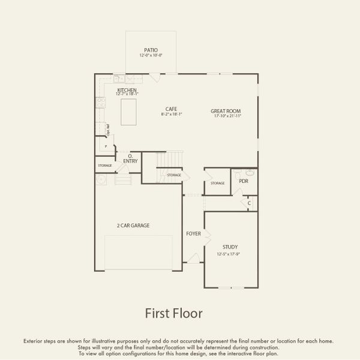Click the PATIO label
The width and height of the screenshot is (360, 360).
point(151,50)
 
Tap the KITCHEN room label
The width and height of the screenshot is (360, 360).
point(127,90)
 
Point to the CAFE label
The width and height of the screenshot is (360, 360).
point(172,109)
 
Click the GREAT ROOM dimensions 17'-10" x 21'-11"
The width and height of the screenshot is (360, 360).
point(226,116)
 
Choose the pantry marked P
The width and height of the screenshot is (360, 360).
point(106,146)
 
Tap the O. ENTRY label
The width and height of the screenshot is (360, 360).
point(130,158)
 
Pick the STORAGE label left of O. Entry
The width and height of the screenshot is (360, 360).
point(104,165)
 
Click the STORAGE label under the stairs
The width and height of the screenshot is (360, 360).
point(174,175)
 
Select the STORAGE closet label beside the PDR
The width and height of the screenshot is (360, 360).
point(217,183)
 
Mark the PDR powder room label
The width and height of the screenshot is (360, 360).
point(244,181)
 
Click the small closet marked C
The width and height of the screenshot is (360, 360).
point(250,203)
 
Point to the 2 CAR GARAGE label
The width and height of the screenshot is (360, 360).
point(133,226)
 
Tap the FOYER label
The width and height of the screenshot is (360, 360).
point(193,233)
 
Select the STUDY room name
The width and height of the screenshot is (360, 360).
point(230,247)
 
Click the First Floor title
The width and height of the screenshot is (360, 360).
point(174,313)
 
